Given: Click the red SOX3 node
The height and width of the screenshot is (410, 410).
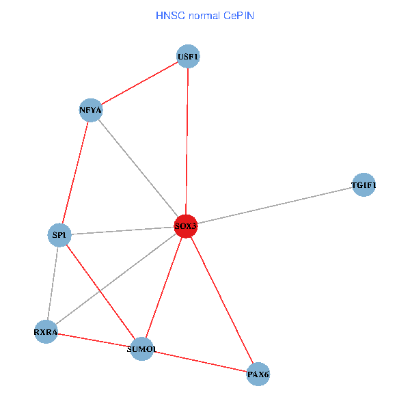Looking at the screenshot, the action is pos(186,225).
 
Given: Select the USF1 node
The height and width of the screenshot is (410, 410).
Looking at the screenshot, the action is pos(188,57).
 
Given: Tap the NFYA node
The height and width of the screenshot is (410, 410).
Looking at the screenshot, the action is pos(91,110).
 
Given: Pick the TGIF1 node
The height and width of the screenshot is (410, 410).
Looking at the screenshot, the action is pos(364,185).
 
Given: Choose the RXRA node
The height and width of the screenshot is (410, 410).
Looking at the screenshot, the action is pos(46,332).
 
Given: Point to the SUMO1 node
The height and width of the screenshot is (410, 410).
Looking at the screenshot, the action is pos(142,349).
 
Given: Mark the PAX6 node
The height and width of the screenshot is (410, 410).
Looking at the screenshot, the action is pos(258,374).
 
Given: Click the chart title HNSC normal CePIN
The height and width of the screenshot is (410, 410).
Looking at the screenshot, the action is pos(205,15).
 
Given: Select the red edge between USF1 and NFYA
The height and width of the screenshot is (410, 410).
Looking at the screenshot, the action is pos(139,83).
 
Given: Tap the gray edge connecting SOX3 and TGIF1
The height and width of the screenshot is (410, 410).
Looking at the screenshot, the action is pos(275,205).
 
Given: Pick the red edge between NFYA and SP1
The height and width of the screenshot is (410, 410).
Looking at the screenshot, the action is pos(75,173).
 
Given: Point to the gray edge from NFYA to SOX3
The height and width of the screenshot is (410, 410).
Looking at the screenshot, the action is pos(138,167).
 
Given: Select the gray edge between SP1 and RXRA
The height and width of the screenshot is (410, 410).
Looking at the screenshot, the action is pos(53,284).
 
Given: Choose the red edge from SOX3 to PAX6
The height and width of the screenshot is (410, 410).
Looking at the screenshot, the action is pos(222,301).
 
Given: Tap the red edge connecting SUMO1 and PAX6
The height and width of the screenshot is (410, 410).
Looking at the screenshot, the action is pos(200,361).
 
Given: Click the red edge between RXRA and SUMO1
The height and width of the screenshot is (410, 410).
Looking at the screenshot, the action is pos(94,340).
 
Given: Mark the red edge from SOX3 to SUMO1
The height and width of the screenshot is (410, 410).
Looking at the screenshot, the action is pos(164,287).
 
